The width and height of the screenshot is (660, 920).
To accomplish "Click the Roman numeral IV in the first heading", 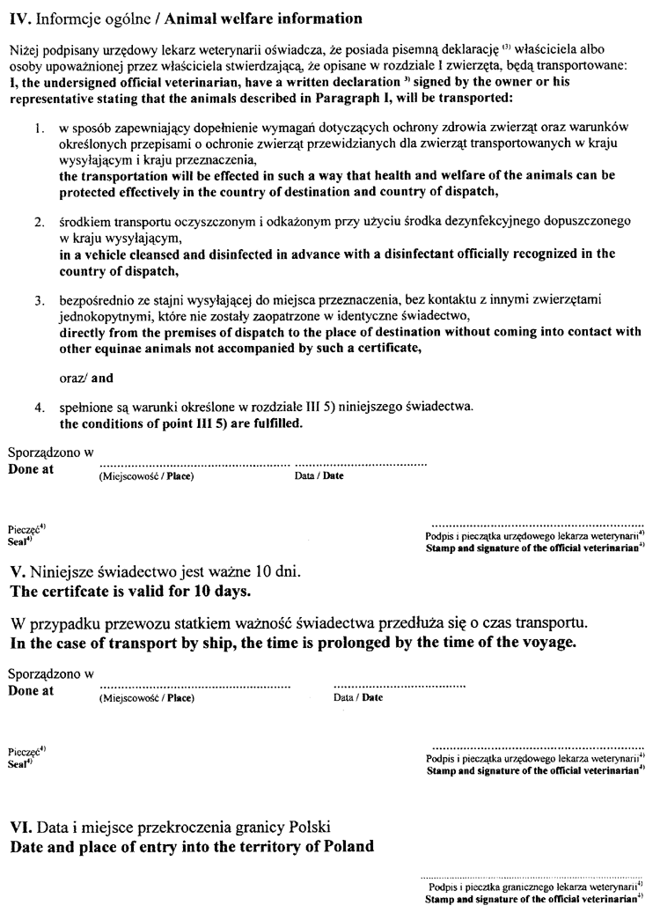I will [18, 15].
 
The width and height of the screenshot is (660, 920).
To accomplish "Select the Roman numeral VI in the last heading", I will [20, 828].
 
